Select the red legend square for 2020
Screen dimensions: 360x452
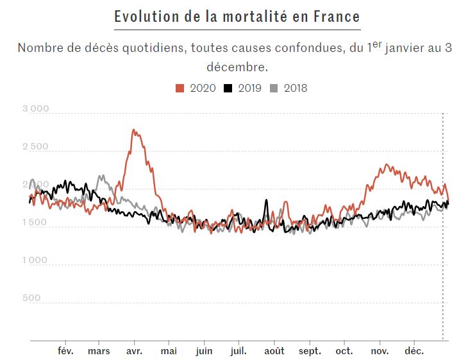coord(180,88)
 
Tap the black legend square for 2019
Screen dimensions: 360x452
coord(228,88)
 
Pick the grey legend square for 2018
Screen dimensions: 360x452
coord(274,88)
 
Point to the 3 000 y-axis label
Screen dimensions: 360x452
coord(35,109)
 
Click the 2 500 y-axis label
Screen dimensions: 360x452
coord(35,147)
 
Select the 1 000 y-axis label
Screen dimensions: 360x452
coord(35,261)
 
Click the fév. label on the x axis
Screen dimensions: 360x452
coord(66,351)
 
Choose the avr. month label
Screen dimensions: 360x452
coord(135,351)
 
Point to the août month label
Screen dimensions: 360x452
coord(274,351)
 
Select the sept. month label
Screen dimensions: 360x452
coord(310,351)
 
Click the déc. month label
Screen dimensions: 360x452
coord(414,351)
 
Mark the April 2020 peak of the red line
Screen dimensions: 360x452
coord(133,130)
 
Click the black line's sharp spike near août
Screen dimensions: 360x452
coord(266,201)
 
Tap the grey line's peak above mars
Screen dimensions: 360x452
coord(101,176)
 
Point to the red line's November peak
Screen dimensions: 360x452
coord(386,166)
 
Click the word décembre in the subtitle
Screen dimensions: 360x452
coord(237,66)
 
